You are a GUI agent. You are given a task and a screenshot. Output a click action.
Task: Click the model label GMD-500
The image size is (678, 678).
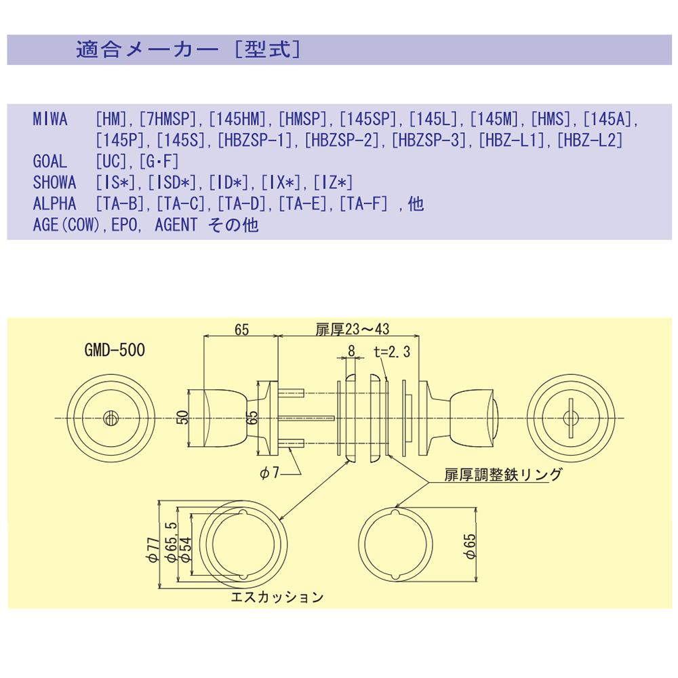coord(115,351)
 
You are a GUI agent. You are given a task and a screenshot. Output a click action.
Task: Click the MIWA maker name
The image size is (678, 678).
coord(50,120)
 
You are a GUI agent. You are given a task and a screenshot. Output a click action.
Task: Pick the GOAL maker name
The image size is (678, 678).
coord(50,161)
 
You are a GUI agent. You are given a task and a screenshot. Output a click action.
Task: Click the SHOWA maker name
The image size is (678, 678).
coord(54,182)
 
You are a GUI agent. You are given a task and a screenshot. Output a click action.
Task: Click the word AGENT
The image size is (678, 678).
coord(176,224)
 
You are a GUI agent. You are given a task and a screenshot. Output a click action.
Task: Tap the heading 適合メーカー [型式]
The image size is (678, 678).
coord(188,50)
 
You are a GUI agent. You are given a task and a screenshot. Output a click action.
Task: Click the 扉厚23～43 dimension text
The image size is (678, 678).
coord(352,330)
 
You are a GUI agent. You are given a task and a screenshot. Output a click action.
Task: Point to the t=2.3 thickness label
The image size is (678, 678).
coord(392,351)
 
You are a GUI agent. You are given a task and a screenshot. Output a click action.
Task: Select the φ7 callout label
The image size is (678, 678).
coord(269,474)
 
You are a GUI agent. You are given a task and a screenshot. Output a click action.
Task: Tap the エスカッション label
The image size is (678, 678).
coord(277,597)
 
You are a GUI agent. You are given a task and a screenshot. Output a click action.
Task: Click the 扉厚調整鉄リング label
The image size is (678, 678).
coord(503,475)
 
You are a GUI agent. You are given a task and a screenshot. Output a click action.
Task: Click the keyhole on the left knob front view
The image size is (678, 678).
coord(109,418)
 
